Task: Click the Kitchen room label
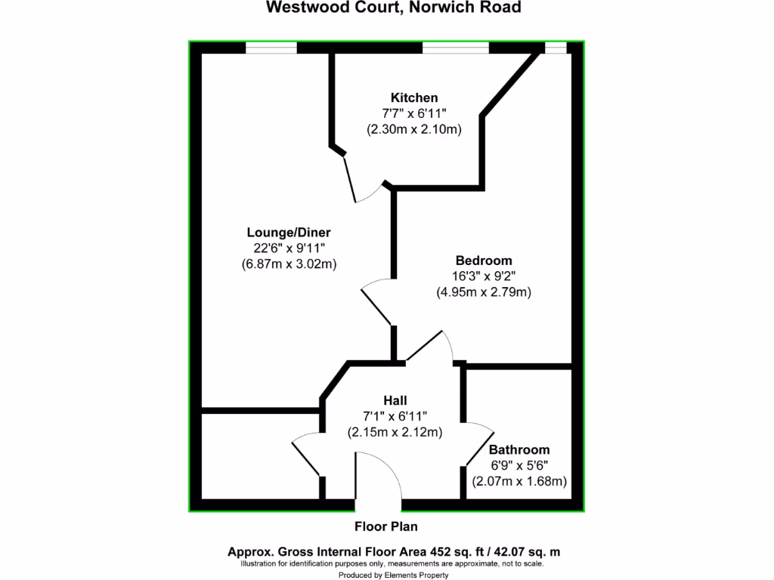click(413, 97)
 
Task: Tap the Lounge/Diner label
click(289, 232)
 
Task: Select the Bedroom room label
click(483, 261)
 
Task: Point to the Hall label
click(395, 400)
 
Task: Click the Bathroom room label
click(519, 449)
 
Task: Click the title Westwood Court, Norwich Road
click(393, 8)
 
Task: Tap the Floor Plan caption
click(385, 526)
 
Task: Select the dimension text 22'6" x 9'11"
click(289, 248)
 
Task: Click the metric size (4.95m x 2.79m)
click(483, 292)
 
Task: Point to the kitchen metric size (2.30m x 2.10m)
click(413, 129)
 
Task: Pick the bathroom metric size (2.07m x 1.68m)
click(519, 481)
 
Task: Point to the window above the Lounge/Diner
click(271, 48)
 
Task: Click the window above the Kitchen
click(455, 48)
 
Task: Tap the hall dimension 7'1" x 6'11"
click(395, 416)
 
